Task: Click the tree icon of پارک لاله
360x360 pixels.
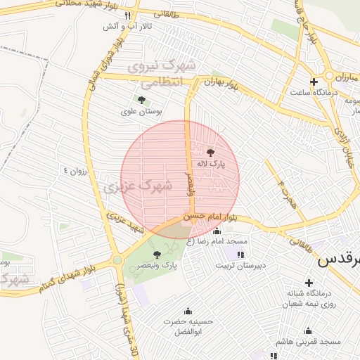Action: pyautogui.click(x=211, y=151)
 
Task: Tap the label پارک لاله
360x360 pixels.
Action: pyautogui.click(x=211, y=164)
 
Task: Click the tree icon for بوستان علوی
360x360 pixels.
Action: pyautogui.click(x=141, y=101)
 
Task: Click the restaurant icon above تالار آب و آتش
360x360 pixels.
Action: pyautogui.click(x=127, y=15)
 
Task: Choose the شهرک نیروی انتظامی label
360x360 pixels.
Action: pyautogui.click(x=162, y=73)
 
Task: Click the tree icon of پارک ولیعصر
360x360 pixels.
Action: pyautogui.click(x=156, y=254)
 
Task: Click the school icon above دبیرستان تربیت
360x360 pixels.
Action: pyautogui.click(x=241, y=255)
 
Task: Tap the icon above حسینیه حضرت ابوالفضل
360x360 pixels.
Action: pyautogui.click(x=188, y=311)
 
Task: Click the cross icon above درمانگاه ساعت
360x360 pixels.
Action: pyautogui.click(x=314, y=82)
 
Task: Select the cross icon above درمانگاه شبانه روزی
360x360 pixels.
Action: pyautogui.click(x=309, y=282)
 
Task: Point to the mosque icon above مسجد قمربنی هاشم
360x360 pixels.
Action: pyautogui.click(x=308, y=330)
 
